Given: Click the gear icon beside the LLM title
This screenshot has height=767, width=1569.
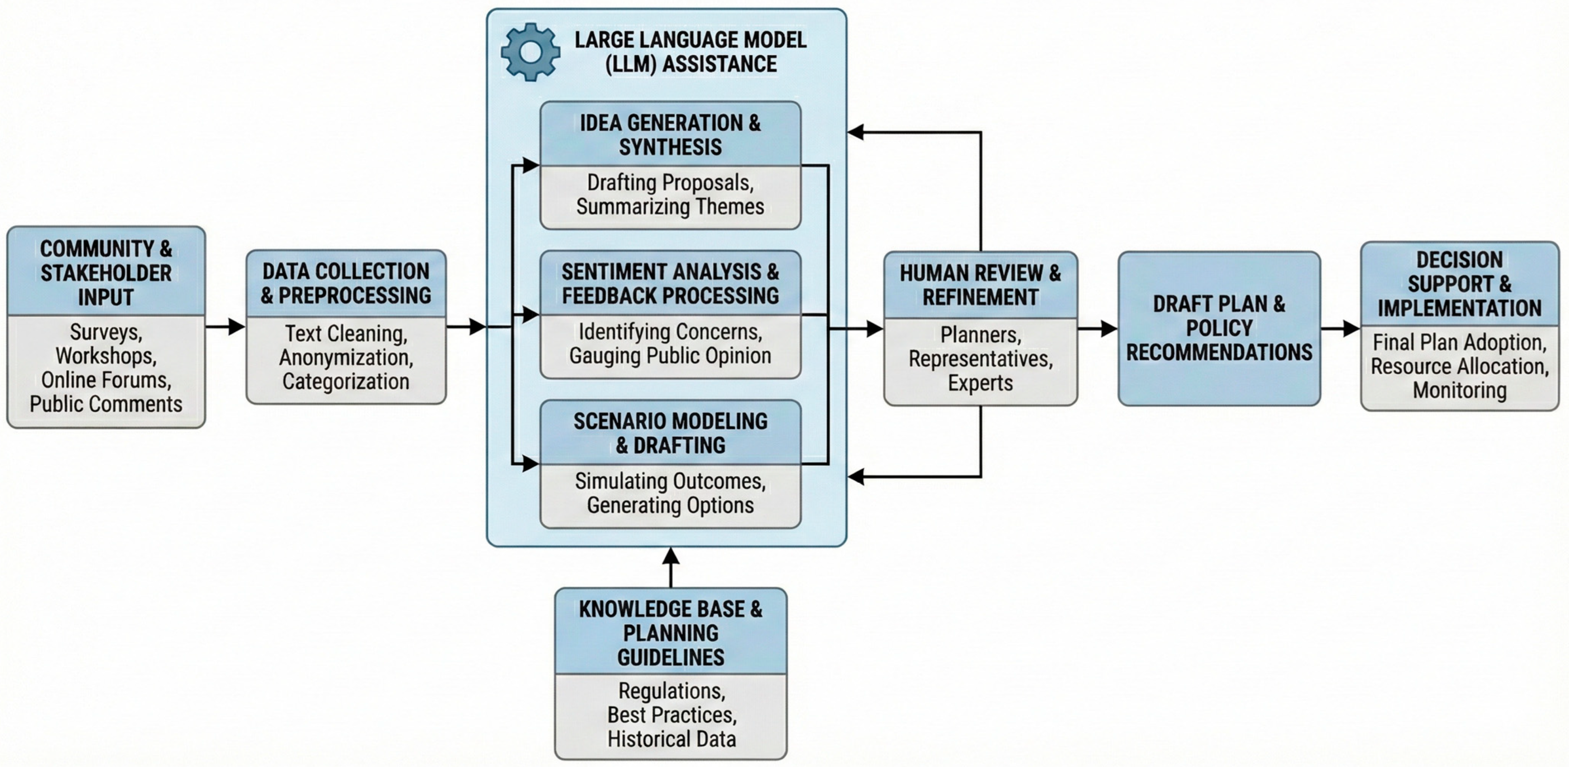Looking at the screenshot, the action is tap(530, 52).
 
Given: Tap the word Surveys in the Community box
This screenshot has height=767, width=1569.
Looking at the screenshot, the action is tap(106, 332).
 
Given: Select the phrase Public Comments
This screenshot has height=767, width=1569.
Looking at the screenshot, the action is tap(106, 404).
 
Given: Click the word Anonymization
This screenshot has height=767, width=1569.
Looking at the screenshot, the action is tap(346, 358).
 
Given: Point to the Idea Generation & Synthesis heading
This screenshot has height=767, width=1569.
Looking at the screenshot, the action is tap(670, 134).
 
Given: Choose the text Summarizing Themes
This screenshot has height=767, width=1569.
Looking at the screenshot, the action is tap(670, 207).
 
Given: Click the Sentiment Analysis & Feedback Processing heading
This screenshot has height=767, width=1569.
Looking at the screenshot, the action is tap(670, 283).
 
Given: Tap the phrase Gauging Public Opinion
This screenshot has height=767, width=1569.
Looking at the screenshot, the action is tap(670, 356).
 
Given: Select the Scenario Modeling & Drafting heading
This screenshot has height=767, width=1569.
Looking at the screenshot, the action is tap(670, 433).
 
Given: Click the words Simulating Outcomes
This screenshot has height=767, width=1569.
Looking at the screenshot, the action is tap(670, 481).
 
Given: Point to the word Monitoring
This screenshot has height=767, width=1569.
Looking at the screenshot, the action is tap(1460, 390).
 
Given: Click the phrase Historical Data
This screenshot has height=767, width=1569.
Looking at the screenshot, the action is tap(671, 739).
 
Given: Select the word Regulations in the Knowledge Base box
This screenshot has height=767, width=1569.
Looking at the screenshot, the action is tap(671, 691).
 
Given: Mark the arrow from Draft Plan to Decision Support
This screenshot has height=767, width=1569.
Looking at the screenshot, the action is tap(1341, 329).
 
